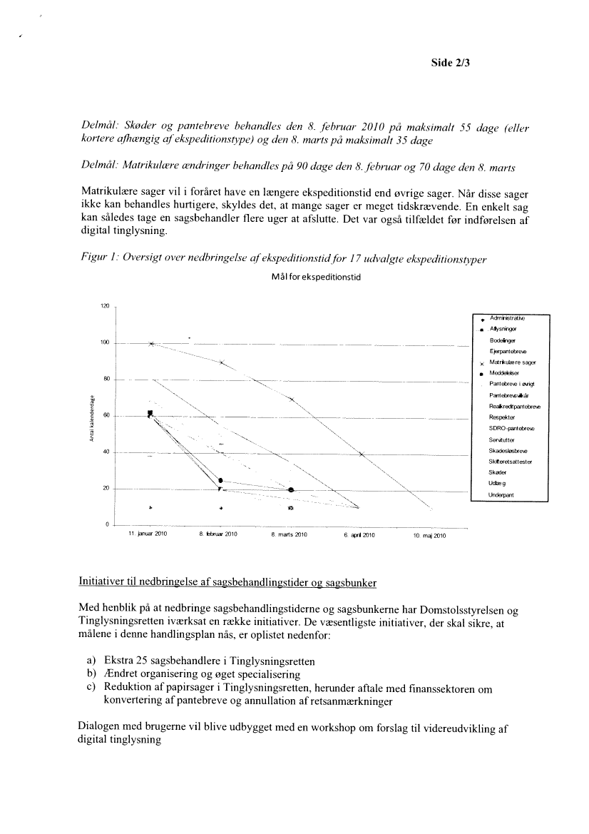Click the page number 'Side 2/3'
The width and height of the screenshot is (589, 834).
click(452, 62)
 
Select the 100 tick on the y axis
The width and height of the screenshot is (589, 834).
click(104, 343)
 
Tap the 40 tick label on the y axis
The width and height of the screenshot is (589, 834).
click(106, 452)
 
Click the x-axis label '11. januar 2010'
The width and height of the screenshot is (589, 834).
click(147, 534)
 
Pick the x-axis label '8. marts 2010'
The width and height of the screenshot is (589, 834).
click(289, 534)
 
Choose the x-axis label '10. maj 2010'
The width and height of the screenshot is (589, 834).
click(429, 535)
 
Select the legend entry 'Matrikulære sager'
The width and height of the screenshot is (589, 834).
click(512, 362)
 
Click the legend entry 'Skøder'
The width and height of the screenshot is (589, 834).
click(498, 473)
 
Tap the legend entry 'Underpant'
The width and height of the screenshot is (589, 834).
click(502, 494)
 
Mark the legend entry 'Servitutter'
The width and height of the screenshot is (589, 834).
click(502, 439)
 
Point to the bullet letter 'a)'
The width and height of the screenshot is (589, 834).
click(91, 661)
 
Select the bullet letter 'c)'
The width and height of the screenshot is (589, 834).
click(91, 688)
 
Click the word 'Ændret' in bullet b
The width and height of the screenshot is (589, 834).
click(122, 674)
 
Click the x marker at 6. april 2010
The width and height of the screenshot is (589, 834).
click(362, 454)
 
